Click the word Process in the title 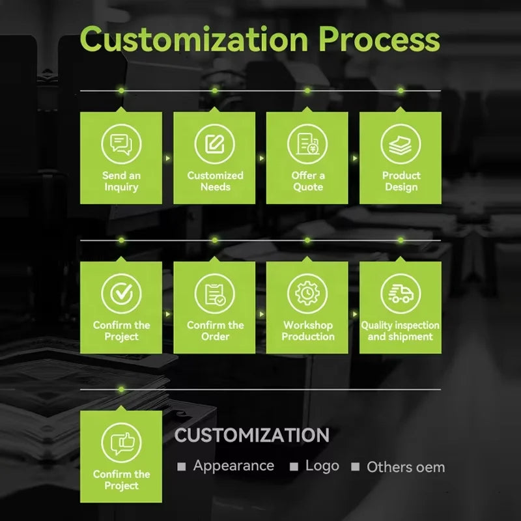[x=378, y=41]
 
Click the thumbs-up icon [x=121, y=442]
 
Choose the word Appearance [x=233, y=466]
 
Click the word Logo [x=322, y=466]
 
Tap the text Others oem [x=406, y=467]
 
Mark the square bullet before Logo [x=294, y=467]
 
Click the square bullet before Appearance [x=182, y=467]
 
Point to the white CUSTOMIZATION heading [x=251, y=435]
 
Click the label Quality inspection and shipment [x=401, y=331]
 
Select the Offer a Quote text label [x=307, y=181]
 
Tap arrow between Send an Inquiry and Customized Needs [x=167, y=158]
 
